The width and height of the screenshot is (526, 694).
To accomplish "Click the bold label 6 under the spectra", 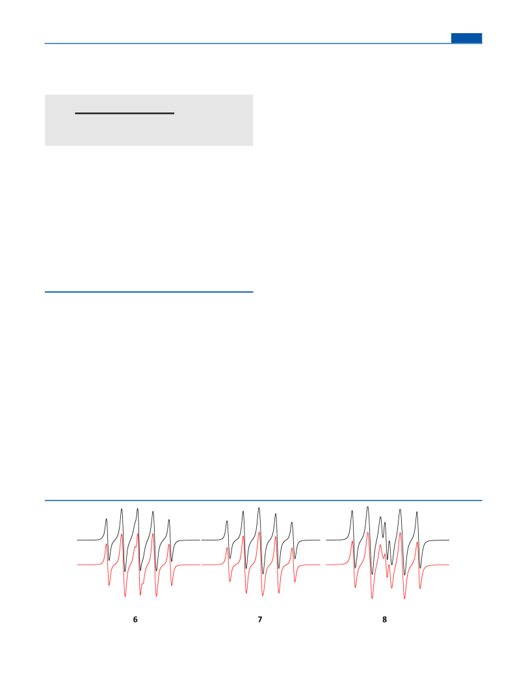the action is coord(135,620).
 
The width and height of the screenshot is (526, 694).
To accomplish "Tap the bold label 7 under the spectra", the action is coord(259,620).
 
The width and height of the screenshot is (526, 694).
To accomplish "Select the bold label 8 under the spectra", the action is coord(384,620).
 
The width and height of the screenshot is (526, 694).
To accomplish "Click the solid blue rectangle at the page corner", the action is coord(466,38).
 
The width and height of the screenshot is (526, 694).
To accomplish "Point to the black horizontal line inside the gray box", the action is coord(125,113).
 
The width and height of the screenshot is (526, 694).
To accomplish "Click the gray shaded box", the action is coord(149,120).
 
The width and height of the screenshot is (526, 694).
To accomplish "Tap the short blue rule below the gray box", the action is coord(149,292).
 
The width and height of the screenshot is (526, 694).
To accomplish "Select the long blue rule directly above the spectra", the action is coord(263,501).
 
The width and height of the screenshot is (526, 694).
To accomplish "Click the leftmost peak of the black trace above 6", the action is coord(106,519).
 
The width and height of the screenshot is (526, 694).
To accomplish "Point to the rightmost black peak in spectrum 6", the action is coord(168,520).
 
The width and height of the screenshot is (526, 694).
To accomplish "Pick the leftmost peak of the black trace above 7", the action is coord(227,521).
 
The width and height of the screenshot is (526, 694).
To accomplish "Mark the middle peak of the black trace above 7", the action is coord(259,508).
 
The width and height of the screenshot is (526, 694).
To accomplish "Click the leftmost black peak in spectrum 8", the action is coord(352,511).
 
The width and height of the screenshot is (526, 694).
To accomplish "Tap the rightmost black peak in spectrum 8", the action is coord(417,512).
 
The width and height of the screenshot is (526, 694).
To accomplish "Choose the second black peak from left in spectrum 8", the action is coord(367,507).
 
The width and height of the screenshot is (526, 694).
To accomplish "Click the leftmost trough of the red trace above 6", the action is coord(109,585).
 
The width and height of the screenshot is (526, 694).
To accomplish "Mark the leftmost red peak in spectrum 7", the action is coord(227,548).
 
